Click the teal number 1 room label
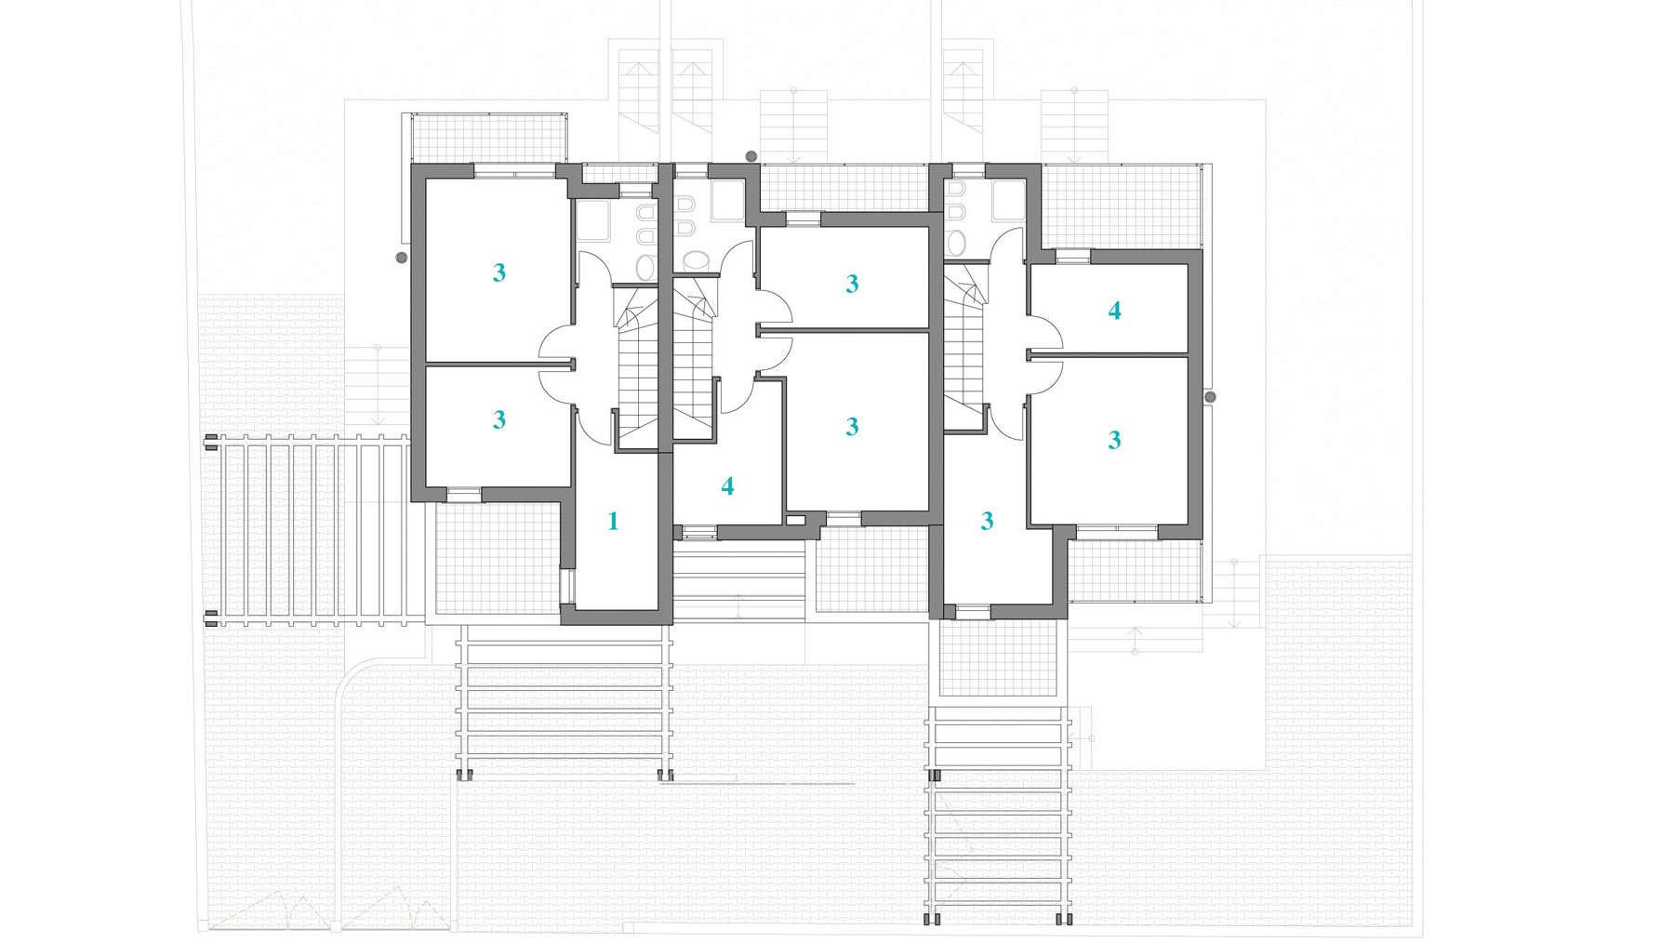coord(613,521)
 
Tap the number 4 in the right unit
coord(1114,311)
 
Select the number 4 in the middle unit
coord(727,485)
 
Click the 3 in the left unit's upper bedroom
coord(499,272)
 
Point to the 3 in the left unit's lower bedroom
coord(499,419)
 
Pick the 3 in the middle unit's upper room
coord(852,284)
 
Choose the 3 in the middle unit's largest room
coord(852,426)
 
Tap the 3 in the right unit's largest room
coord(1114,439)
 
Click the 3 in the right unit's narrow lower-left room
coord(987,521)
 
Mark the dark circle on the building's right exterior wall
coord(1210,397)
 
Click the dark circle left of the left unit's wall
coord(402,258)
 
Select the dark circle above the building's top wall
coord(751,156)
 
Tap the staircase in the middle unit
coord(694,358)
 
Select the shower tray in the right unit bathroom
coord(1008,201)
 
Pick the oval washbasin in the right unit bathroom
coord(956,243)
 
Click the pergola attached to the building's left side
coord(307,529)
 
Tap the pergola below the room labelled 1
coord(565,701)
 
